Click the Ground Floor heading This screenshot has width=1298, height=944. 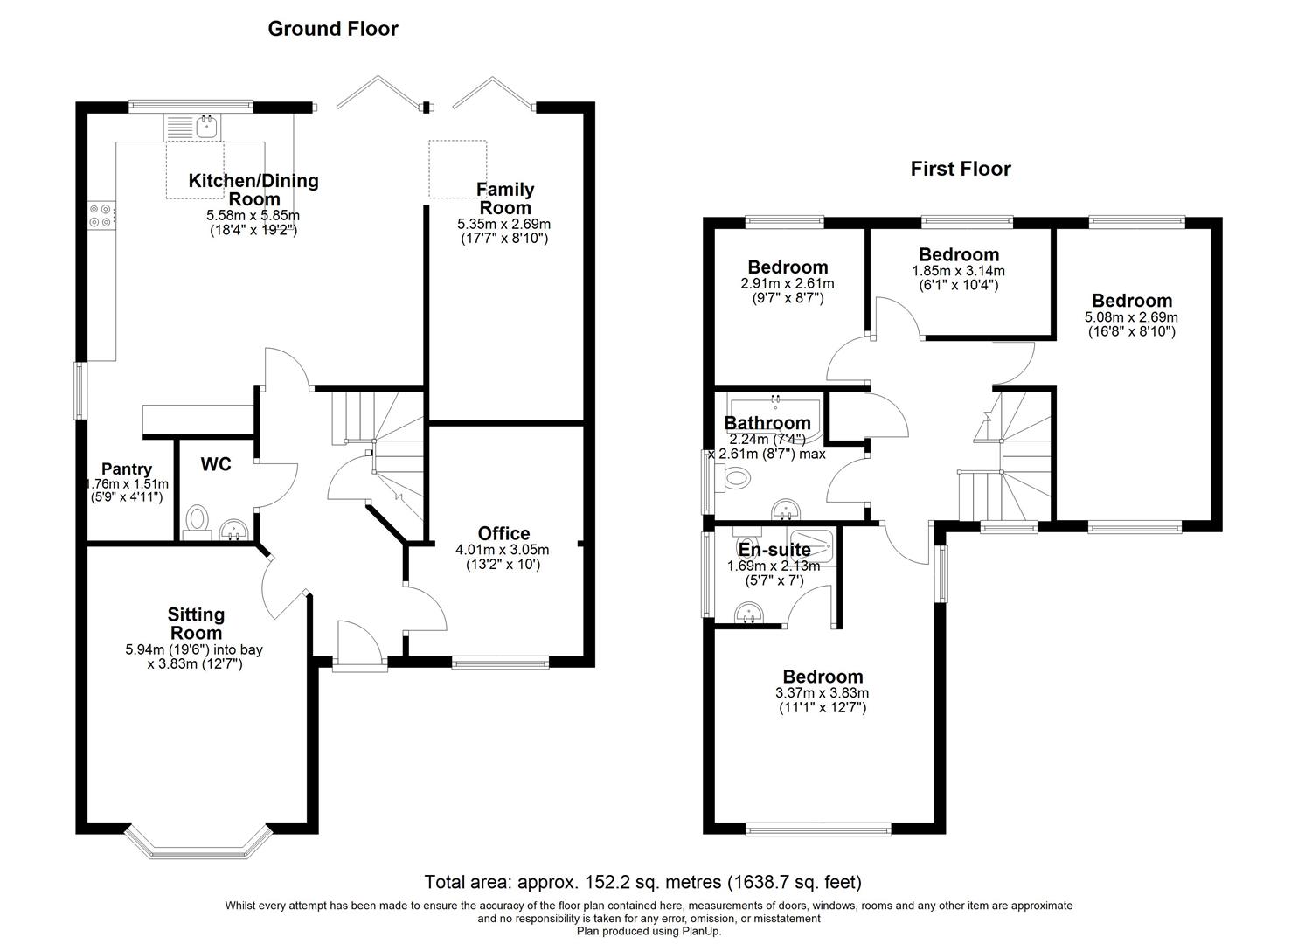pos(332,29)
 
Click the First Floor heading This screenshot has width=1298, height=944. pos(960,169)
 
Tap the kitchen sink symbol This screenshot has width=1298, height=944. pos(206,127)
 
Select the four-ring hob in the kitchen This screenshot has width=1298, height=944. pos(99,215)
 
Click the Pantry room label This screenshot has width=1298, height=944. pos(126,469)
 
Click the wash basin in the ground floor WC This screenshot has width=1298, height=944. pos(233,530)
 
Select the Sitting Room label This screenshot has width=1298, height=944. pos(196,623)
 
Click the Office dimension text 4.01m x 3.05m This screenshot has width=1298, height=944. pos(502,550)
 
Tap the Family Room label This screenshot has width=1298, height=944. pos(504,198)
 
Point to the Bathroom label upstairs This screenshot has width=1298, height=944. pos(767,423)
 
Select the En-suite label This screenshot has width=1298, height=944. pos(774,550)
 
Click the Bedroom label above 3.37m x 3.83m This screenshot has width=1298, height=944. pos(822,677)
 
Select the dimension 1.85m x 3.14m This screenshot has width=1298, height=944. pos(958,271)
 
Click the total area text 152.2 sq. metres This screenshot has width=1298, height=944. pos(643,882)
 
